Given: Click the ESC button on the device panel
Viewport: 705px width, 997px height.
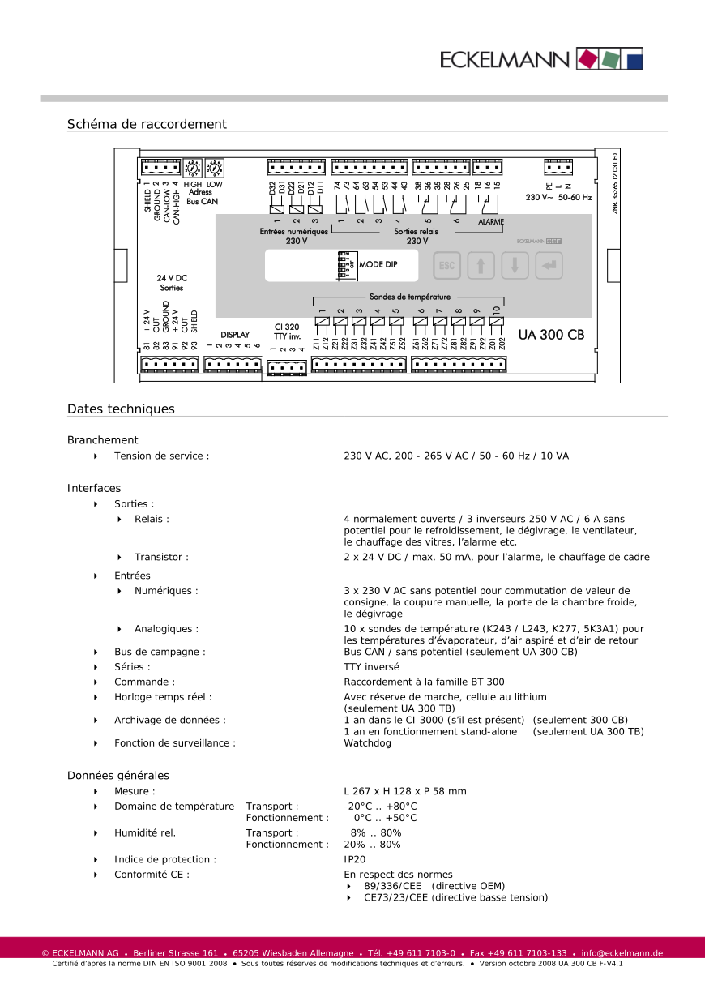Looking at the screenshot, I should (446, 266).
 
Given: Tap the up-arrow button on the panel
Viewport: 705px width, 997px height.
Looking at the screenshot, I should (481, 266).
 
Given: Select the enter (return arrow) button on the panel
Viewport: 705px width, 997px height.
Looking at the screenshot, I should (549, 266).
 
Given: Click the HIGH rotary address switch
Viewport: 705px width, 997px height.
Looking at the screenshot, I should (193, 168).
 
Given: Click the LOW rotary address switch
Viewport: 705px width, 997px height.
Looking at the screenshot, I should (215, 168).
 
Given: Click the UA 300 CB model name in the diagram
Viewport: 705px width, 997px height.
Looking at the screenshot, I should (551, 334).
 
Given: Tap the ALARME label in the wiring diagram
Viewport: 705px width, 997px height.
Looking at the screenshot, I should (491, 222).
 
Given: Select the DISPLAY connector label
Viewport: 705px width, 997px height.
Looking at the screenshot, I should (235, 335).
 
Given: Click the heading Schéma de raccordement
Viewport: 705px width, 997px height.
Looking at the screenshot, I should (147, 124).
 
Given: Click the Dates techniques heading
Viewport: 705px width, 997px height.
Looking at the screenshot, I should (121, 409).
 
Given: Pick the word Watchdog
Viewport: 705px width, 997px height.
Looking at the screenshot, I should (367, 742).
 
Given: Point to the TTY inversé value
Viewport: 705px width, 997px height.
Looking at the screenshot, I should (371, 667).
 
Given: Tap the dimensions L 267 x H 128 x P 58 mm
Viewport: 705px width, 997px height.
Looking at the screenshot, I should (404, 791).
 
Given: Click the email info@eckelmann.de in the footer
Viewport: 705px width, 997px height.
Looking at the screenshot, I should (622, 953).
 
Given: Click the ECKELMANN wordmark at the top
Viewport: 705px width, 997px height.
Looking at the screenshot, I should (504, 59).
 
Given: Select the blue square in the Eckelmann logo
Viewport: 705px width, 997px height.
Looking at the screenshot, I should (634, 59).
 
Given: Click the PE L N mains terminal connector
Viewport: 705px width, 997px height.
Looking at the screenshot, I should (559, 168).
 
